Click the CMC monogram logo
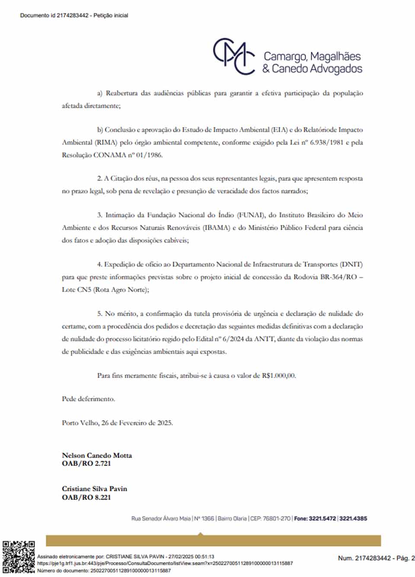(x=234, y=56)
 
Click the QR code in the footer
(x=19, y=557)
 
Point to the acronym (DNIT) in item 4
(x=351, y=264)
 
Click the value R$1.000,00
(x=278, y=375)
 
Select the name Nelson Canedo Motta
(x=97, y=455)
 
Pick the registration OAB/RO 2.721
(x=86, y=463)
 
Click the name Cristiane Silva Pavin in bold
(x=94, y=489)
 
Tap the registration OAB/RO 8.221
(x=86, y=497)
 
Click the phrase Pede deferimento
(x=88, y=399)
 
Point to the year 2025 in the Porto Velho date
(x=165, y=423)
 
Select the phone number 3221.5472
(x=322, y=518)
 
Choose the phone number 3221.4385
(x=353, y=518)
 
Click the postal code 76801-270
(x=277, y=518)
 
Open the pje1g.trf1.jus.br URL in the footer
(x=165, y=563)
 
